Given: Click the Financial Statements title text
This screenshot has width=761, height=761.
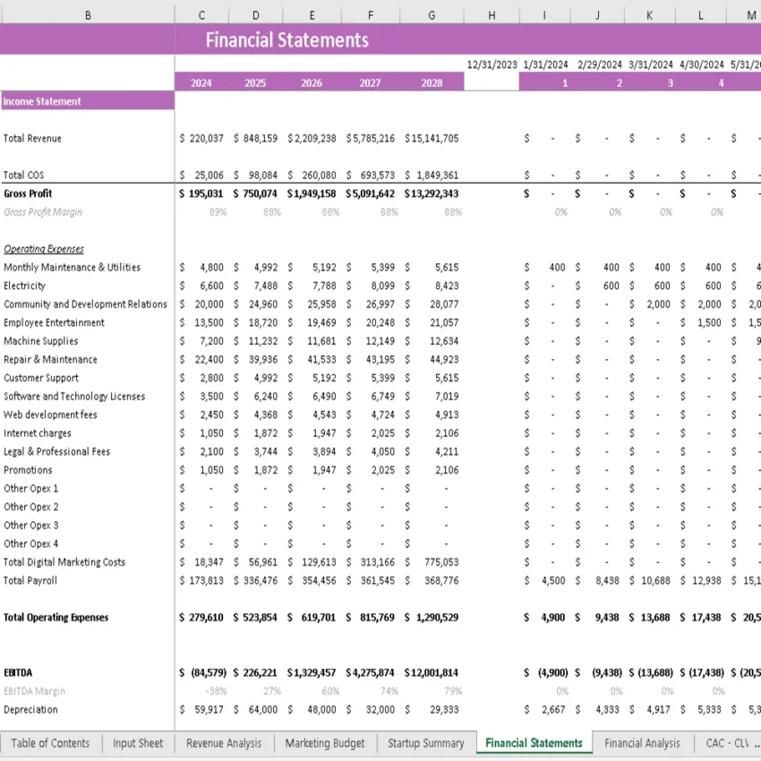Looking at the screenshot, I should pos(286,39).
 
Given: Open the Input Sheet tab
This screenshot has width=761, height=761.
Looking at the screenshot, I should pos(138,743).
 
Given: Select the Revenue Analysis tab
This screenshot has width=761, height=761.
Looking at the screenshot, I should pos(224,743).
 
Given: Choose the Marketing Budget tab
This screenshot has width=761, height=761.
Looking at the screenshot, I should pos(324,743).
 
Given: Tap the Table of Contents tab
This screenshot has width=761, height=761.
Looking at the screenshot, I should pos(50,743).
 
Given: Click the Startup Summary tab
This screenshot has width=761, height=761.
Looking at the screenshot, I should pos(425,743).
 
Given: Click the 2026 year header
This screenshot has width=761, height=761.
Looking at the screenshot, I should pos(312,83).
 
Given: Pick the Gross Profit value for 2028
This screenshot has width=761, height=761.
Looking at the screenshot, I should pos(432,193).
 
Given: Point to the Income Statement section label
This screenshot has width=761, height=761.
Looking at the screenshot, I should pos(42,102).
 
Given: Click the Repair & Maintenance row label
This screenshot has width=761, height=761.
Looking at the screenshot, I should pos(50,360).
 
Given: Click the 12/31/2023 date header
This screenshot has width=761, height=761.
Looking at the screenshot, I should pos(492,64).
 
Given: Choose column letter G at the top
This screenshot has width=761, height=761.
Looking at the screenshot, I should pos(432,15).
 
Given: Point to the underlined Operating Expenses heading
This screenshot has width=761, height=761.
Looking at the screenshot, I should pos(44,249).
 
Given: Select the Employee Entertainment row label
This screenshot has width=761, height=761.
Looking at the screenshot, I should pos(54,323).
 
